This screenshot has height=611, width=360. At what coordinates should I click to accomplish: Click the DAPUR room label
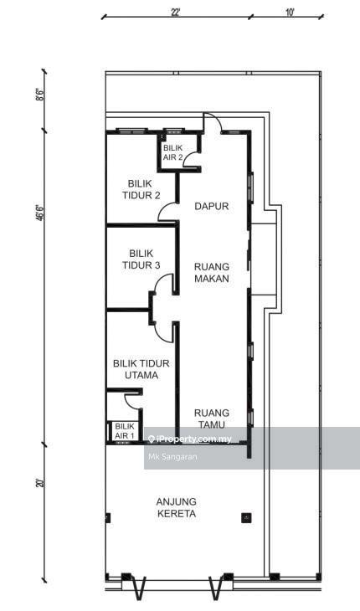pos(212,206)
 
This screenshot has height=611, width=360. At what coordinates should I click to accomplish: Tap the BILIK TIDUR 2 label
pos(141,189)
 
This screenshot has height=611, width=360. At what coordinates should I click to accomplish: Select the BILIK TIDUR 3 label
pos(141,259)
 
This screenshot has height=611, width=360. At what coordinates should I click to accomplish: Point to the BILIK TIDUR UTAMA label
pos(141,369)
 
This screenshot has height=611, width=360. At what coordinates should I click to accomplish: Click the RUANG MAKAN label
pos(212,273)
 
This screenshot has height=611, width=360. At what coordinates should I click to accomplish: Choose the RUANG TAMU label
pos(212,418)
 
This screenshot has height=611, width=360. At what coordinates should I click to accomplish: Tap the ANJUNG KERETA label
pos(177,508)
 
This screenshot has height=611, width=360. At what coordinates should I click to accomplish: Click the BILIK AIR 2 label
pos(172,152)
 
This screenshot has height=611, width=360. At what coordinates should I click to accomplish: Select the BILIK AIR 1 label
pos(125,432)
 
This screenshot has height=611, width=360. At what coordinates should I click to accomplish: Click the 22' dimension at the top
pos(175,12)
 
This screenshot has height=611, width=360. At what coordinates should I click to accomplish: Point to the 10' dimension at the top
pos(290,12)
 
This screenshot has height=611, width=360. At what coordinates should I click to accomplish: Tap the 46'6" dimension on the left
pos(39,213)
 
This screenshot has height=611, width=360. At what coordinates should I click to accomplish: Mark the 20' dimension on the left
pos(39,483)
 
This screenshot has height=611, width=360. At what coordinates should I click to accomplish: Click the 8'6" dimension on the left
pos(39,95)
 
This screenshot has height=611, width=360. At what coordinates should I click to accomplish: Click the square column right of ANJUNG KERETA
pos(246,517)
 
